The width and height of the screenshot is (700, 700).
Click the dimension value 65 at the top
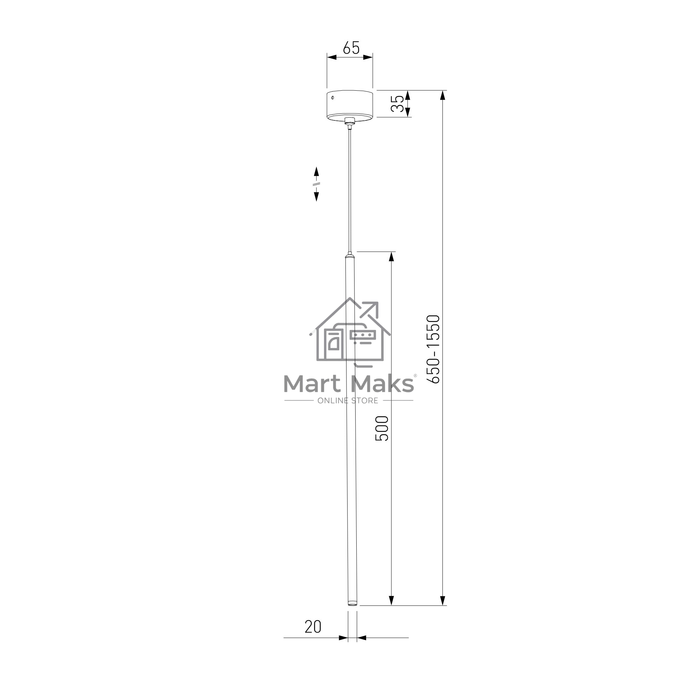click(351, 48)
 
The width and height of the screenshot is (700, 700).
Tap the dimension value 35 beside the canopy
click(397, 104)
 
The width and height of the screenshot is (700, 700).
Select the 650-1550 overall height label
click(433, 349)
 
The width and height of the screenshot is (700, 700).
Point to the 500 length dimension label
click(381, 428)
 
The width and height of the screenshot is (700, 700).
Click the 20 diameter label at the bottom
click(313, 626)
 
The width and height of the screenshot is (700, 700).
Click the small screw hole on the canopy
click(332, 97)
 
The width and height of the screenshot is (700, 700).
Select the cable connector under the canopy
click(350, 123)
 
